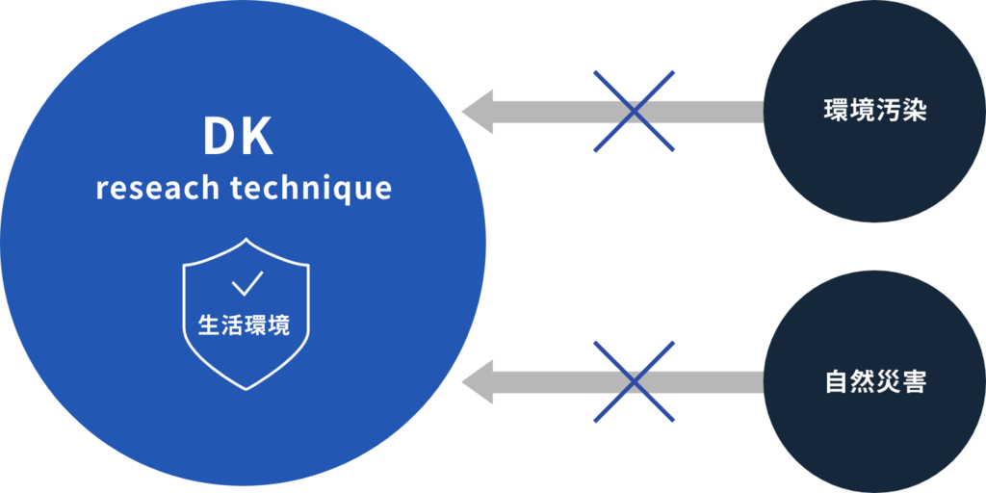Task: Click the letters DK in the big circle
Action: pyautogui.click(x=238, y=139)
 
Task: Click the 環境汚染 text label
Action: pyautogui.click(x=874, y=110)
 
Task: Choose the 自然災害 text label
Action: pyautogui.click(x=874, y=382)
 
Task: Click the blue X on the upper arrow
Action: pyautogui.click(x=634, y=111)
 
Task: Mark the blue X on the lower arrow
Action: pyautogui.click(x=634, y=382)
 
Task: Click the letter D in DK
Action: pyautogui.click(x=218, y=139)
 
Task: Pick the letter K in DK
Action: pyautogui.click(x=258, y=139)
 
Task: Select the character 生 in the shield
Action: pyautogui.click(x=208, y=325)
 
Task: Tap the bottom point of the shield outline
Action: pyautogui.click(x=246, y=389)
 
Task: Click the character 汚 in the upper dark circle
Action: pyautogui.click(x=888, y=110)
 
